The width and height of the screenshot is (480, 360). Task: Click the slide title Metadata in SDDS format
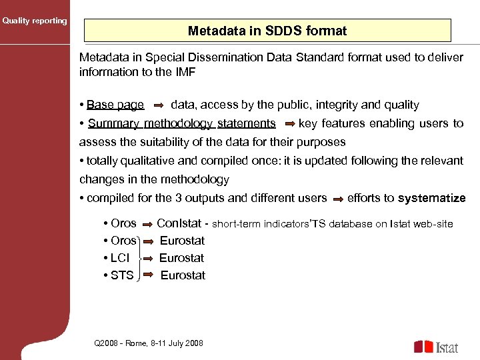[267, 31]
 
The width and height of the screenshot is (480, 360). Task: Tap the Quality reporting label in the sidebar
[35, 21]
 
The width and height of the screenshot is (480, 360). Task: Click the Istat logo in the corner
[436, 347]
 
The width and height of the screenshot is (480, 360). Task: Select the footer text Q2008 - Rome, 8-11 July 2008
[149, 343]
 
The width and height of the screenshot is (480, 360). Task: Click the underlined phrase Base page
[115, 105]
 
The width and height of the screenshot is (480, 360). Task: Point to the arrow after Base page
[159, 105]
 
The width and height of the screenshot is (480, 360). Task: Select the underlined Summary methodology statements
[181, 123]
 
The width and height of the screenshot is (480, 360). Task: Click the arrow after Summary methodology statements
[289, 123]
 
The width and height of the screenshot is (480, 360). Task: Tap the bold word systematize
[431, 198]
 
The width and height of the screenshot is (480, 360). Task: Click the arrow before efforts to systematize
[338, 199]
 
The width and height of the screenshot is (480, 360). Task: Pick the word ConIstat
[179, 223]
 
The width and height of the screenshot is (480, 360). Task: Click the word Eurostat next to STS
[183, 275]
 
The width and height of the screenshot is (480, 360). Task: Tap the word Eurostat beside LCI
[181, 258]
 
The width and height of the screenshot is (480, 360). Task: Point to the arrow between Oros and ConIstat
[147, 224]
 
